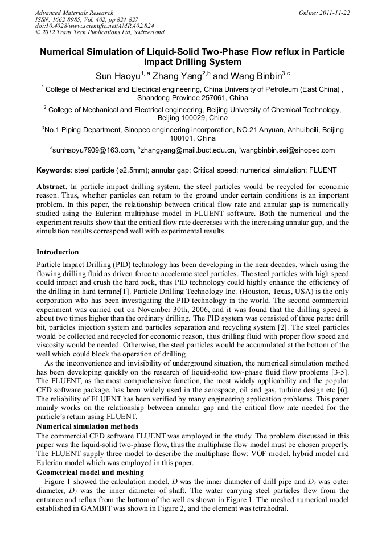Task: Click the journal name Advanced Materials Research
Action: pyautogui.click(x=74, y=13)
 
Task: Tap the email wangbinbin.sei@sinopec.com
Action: pyautogui.click(x=288, y=150)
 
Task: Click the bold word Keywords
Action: pyautogui.click(x=53, y=170)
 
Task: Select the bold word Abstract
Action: pyautogui.click(x=52, y=187)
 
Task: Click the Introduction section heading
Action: pyautogui.click(x=58, y=252)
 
